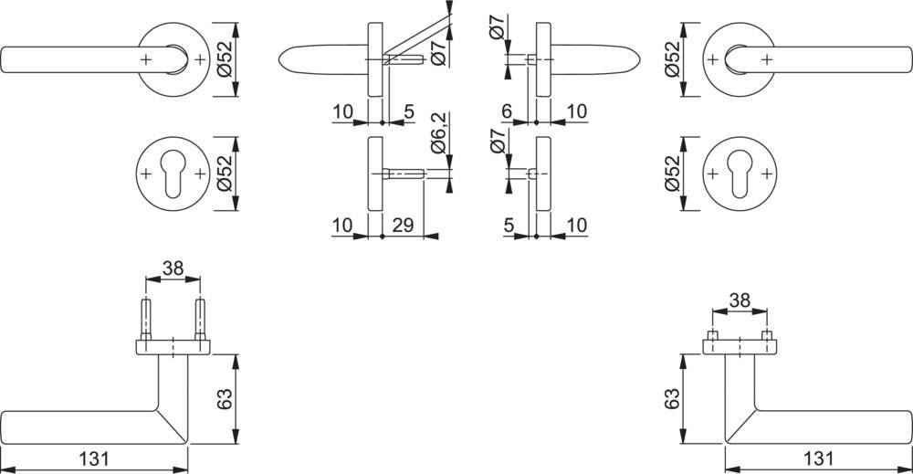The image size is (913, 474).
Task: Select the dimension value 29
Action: click(x=403, y=225)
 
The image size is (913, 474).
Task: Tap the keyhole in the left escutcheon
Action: click(x=173, y=173)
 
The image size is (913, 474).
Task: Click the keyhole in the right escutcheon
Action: click(x=740, y=173)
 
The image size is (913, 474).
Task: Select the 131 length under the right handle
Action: click(x=818, y=458)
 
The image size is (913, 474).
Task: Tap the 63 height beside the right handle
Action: click(x=671, y=398)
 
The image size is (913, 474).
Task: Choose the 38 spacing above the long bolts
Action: click(x=173, y=269)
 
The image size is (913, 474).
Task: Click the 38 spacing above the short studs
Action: click(x=740, y=300)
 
